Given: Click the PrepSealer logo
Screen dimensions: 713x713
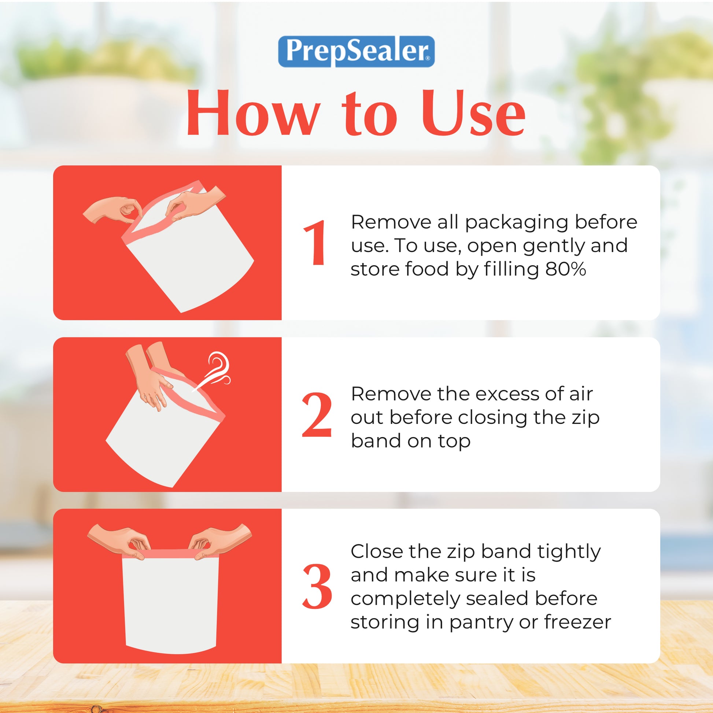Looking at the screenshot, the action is point(356,52).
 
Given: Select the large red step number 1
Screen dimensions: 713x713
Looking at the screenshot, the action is point(314,243).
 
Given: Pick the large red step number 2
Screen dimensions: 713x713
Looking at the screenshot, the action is point(316,414).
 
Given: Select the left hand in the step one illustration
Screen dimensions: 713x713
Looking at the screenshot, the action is point(112,210).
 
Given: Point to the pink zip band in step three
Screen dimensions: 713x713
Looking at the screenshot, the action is point(169,554).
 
